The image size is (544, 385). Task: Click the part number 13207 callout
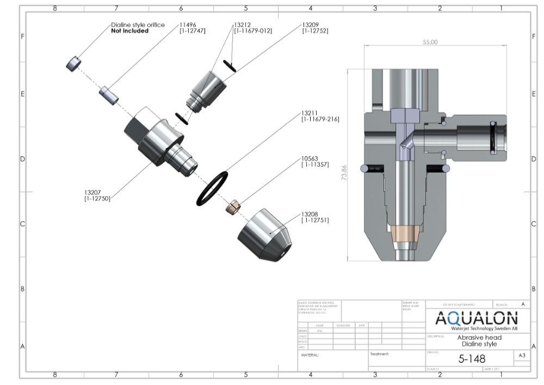point(93,192)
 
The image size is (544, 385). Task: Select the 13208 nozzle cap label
point(310,214)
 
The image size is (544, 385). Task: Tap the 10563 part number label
point(310,158)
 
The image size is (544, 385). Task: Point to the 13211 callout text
point(310,113)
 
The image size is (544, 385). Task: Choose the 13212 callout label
point(243,25)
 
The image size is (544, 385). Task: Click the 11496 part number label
point(188,25)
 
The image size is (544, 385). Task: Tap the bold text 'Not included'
point(129,31)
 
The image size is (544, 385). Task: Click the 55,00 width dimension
point(430,42)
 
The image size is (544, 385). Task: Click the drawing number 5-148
point(472,358)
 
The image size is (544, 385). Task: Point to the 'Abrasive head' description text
point(479,338)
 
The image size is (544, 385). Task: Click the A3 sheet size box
point(521,355)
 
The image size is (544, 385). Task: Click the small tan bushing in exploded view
point(234,207)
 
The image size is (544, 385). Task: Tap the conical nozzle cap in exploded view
point(265,235)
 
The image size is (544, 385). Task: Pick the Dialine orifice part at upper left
point(73,64)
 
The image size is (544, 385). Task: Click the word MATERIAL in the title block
point(310,355)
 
